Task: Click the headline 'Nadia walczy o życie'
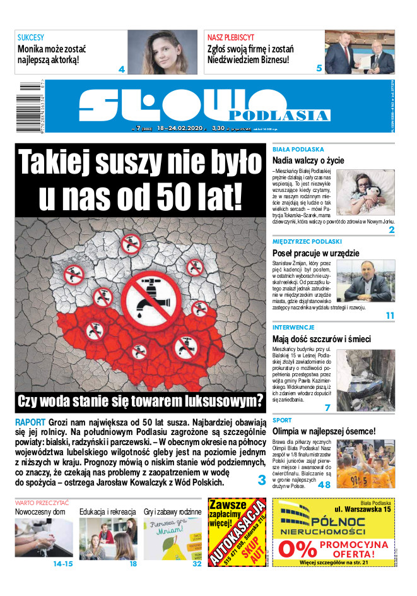coord(308,160)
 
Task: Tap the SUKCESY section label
coord(30,37)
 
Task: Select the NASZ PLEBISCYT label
coord(231,37)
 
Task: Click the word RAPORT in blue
coord(29,421)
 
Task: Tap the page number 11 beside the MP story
coord(390,315)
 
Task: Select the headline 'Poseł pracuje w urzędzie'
coord(315,253)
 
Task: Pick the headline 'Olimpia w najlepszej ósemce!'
coord(324,431)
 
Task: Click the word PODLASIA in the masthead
coord(279,115)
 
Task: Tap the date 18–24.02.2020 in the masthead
coord(181,129)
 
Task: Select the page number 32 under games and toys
coord(197,564)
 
